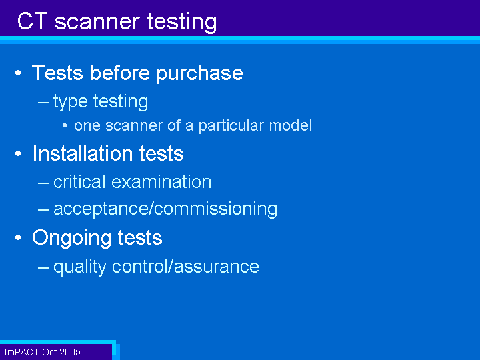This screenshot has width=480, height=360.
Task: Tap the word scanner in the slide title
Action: pos(97,22)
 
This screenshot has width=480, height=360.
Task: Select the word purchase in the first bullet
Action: pos(199,74)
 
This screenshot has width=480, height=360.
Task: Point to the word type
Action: pos(71,101)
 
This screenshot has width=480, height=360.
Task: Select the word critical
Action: pos(79,182)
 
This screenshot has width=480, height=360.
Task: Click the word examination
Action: pos(161,182)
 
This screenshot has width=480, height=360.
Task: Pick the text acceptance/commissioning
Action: pos(165,209)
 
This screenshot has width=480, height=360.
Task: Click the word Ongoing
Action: pos(71,238)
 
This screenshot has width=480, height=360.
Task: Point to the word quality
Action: pos(80,267)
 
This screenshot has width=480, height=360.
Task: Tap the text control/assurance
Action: pos(185,266)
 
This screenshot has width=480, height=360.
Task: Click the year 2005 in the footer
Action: pos(70,352)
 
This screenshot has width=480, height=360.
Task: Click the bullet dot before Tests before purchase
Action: pos(18,73)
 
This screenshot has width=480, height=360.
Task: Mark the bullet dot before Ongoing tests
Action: pos(18,237)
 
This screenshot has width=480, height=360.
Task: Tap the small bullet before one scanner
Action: pos(65,125)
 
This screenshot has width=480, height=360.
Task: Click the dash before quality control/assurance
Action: pos(43,267)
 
